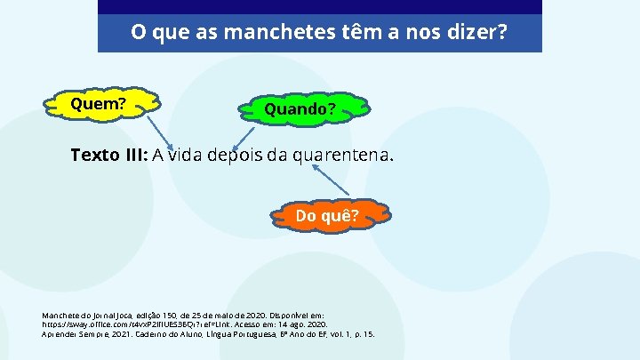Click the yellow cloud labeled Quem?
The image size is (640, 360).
[x=98, y=105]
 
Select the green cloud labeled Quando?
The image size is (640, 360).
[x=300, y=110]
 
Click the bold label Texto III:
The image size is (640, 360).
[x=108, y=156]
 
